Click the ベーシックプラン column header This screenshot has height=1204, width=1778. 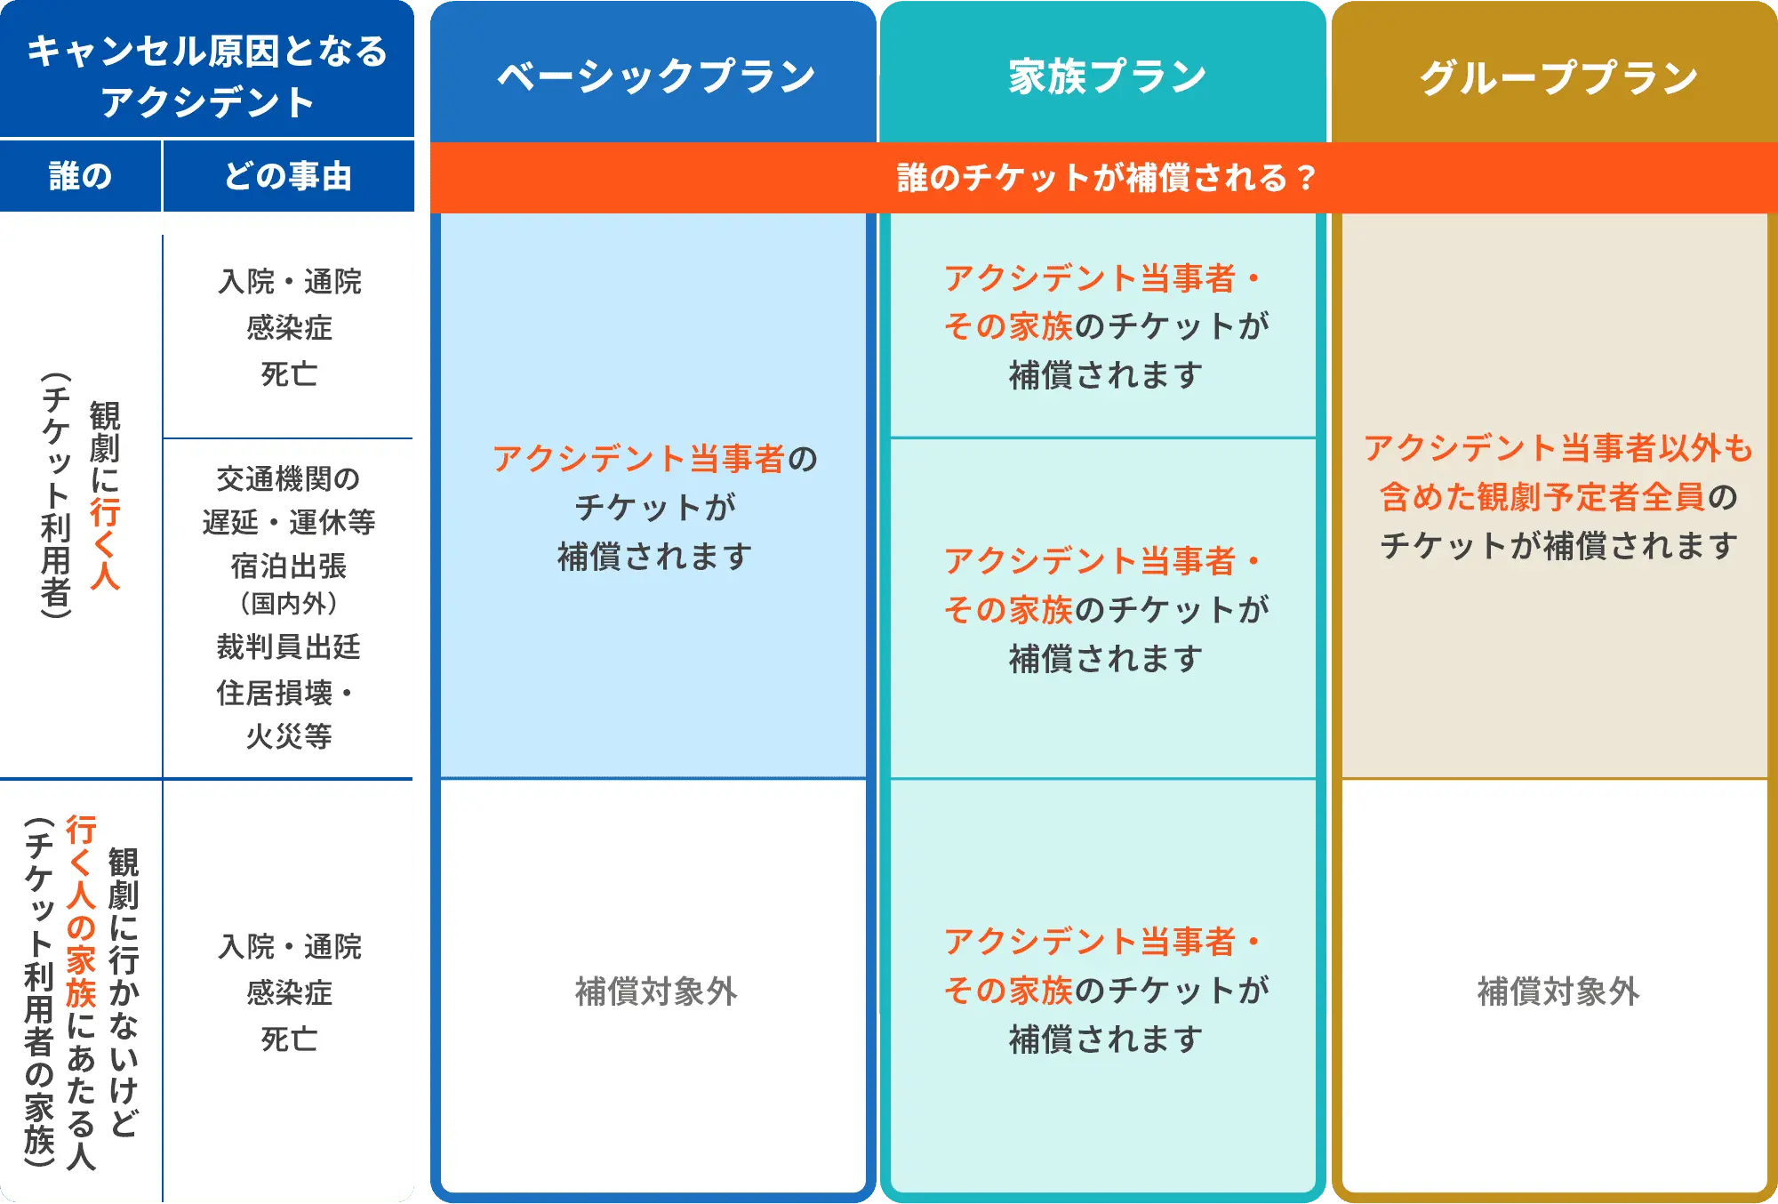(655, 76)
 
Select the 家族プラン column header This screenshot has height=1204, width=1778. (1107, 76)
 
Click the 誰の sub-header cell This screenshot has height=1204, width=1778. (80, 176)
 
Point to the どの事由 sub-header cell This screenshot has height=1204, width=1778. (288, 176)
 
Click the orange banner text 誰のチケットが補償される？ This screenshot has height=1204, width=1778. (1105, 178)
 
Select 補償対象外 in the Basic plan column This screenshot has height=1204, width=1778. (655, 991)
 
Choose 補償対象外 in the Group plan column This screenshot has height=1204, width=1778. (1558, 991)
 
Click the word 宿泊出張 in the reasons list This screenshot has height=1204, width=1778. (288, 566)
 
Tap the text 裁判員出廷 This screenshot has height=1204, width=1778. (288, 646)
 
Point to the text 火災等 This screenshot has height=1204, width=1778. (288, 736)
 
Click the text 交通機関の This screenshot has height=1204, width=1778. (288, 479)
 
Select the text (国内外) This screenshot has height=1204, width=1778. (288, 604)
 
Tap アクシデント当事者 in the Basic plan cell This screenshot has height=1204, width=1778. (638, 459)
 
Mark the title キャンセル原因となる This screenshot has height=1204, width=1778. (207, 52)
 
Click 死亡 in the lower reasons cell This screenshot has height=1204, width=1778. (288, 1039)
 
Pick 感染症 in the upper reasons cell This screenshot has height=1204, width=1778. (288, 328)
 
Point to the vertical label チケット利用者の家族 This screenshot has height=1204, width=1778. (39, 991)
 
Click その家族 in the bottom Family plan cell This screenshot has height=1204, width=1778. (1008, 991)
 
